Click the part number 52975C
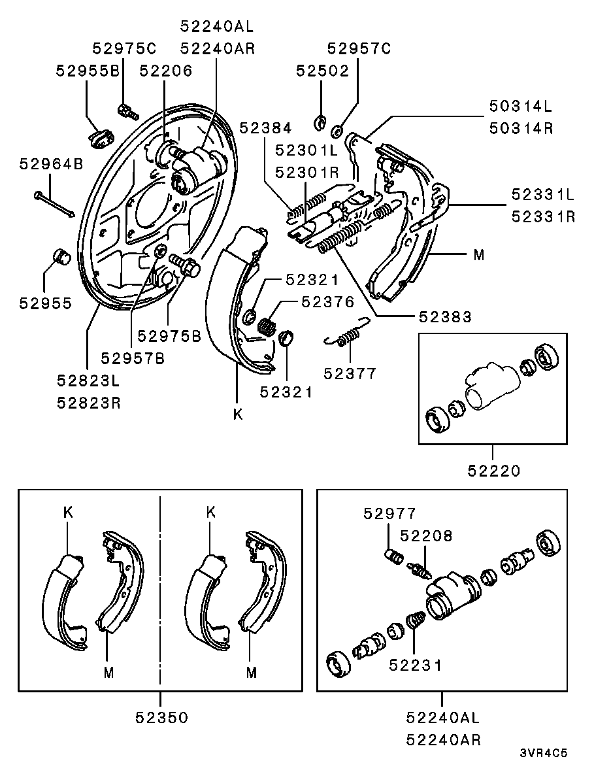click(x=124, y=48)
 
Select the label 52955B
click(x=88, y=71)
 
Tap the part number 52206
click(x=166, y=71)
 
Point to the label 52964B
click(x=52, y=164)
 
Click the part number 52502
click(x=322, y=71)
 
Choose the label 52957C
click(x=359, y=48)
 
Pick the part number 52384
click(x=265, y=128)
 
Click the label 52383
click(x=445, y=316)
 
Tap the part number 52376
click(x=328, y=302)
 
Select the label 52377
click(x=350, y=374)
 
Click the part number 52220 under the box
click(x=494, y=471)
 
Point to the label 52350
click(x=161, y=718)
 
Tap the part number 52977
click(x=389, y=514)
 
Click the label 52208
click(x=426, y=536)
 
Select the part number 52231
click(x=416, y=665)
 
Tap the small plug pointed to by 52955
click(x=61, y=256)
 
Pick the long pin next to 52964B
click(x=54, y=204)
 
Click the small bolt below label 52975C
click(x=127, y=111)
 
